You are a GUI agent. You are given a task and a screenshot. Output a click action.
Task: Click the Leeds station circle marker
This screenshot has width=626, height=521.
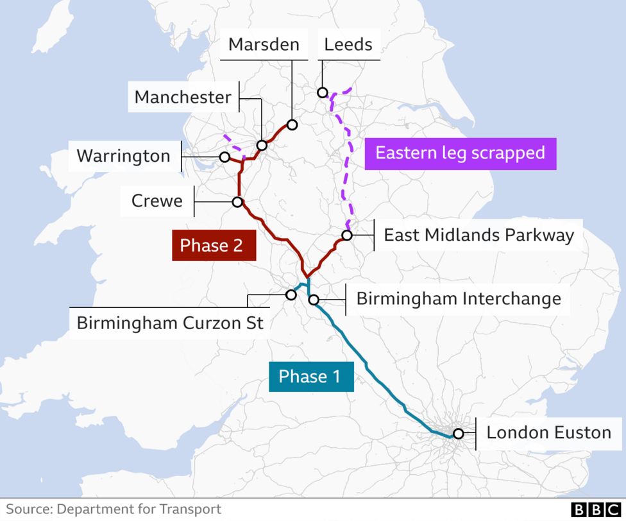coord(323,92)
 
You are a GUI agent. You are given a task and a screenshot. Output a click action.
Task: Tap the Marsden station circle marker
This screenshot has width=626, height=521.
coord(292,124)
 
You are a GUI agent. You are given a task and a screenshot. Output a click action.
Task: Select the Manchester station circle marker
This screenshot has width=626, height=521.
coord(262,146)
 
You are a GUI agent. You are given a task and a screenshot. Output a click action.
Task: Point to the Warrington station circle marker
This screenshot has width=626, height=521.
coord(224,157)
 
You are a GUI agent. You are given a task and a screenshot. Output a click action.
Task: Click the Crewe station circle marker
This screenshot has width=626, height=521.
coord(237,202)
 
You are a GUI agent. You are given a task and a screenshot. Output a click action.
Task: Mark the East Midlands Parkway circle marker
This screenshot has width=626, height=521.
coord(347,235)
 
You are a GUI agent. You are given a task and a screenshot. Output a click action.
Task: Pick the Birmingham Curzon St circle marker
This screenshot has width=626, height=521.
coord(291,295)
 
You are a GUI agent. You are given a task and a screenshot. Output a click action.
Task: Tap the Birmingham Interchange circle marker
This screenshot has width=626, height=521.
coord(314,299)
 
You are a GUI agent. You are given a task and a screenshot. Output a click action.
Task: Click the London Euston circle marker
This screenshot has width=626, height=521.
coord(458,433)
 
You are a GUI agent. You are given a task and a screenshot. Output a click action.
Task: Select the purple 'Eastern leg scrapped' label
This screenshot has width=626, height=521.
coord(460,153)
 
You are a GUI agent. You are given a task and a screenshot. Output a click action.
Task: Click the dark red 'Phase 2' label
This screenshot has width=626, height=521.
coord(214,246)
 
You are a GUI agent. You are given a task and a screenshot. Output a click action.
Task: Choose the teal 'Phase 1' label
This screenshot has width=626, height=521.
coord(310,376)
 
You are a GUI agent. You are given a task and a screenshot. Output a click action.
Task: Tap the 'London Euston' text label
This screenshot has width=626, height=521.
coord(548,432)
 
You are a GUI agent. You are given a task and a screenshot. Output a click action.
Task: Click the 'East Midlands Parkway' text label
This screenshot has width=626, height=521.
coord(478,235)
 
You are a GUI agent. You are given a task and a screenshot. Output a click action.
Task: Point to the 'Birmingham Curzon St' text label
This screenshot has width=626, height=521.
coord(170,322)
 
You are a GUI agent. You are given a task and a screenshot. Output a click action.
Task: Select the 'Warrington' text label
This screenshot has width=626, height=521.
coord(123,156)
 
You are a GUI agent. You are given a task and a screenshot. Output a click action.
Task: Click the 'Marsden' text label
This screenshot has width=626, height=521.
coord(264,44)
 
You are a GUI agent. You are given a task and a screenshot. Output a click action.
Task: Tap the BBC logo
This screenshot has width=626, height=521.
coord(595,509)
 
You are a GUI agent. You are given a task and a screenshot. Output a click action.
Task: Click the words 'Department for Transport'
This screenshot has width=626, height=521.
coord(139,509)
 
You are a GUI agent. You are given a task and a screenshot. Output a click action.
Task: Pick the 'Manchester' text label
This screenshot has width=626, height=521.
coord(182,98)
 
